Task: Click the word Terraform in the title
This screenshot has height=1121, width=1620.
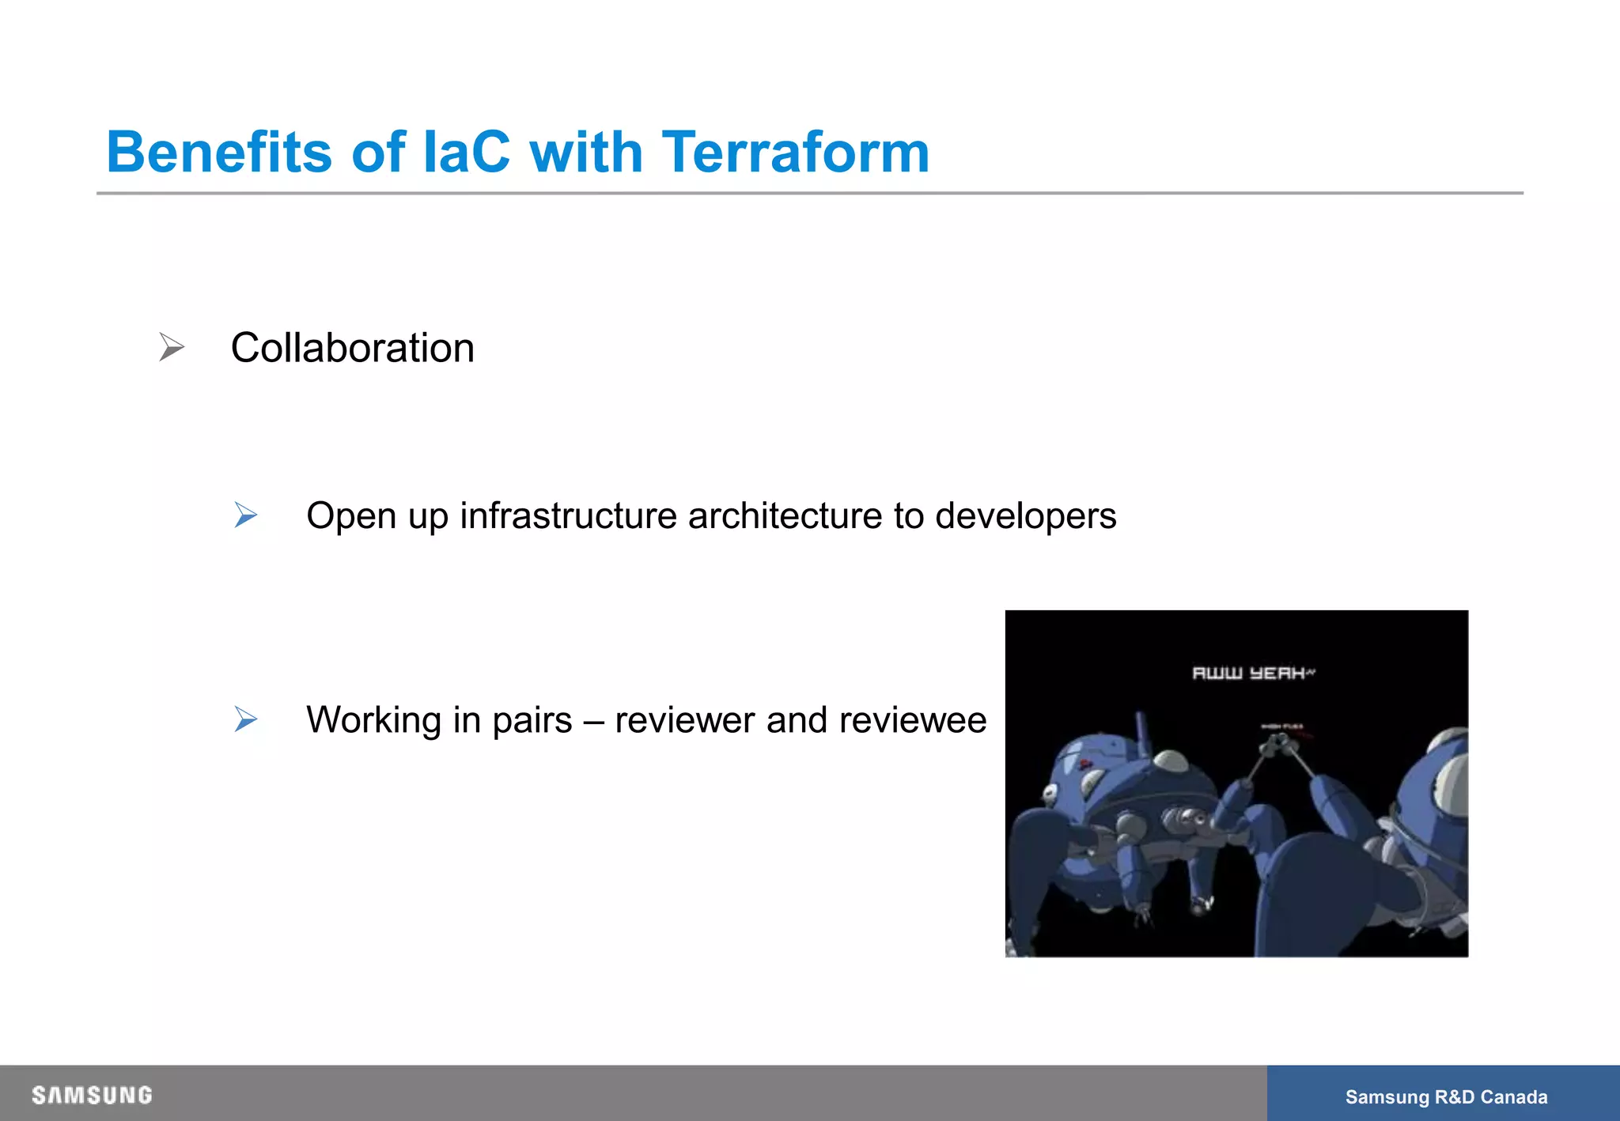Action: click(x=795, y=152)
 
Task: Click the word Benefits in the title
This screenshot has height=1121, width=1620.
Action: click(x=219, y=152)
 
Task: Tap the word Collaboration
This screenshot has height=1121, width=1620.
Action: click(x=352, y=348)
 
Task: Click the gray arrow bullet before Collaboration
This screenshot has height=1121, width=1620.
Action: click(x=171, y=347)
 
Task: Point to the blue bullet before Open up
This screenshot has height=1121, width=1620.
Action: click(x=246, y=515)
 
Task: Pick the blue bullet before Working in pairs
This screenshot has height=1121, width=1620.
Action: click(x=246, y=719)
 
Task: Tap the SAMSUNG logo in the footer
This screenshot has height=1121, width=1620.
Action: click(x=92, y=1095)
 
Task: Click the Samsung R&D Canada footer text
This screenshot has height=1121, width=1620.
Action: click(x=1446, y=1096)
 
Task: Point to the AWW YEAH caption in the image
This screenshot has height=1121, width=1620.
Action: click(x=1252, y=673)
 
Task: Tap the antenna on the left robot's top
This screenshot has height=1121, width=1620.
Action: click(x=1141, y=731)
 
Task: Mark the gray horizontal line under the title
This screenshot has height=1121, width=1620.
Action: click(x=809, y=193)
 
